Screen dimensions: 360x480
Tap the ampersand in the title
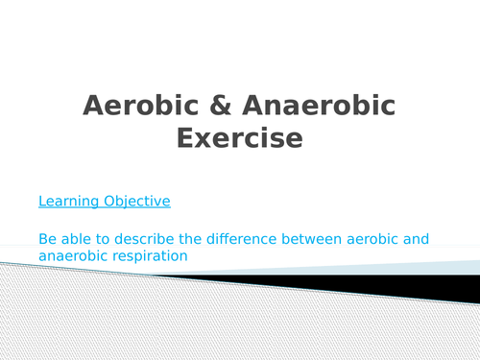tap(212, 106)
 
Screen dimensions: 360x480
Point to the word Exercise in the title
tap(240, 139)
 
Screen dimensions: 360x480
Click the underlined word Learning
tap(69, 202)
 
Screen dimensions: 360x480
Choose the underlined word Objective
tap(136, 202)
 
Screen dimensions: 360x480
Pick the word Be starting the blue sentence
tap(48, 238)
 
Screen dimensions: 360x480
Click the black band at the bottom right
tap(422, 289)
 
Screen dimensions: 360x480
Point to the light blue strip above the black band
tap(422, 269)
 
